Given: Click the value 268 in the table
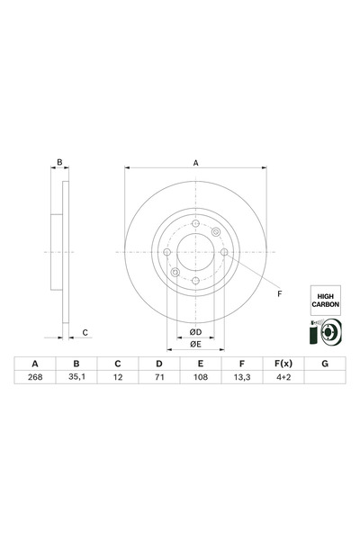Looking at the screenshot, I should tap(35, 379).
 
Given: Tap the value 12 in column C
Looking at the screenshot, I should tap(117, 379).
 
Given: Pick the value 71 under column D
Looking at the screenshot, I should tap(158, 379).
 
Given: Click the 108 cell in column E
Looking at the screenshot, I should tap(200, 379).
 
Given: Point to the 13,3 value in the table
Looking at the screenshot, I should tap(241, 379).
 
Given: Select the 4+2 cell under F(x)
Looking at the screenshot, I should tap(283, 379).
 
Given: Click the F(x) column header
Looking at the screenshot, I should tap(283, 364).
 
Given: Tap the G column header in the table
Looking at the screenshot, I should tap(324, 364).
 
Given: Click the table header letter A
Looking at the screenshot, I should tap(35, 364).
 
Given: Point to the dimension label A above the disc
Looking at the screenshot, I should tap(195, 162).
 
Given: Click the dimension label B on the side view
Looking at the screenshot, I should tap(59, 163).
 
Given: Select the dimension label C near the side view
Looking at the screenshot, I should tap(85, 332).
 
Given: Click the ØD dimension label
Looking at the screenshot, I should tap(194, 331).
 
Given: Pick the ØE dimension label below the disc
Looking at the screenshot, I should tap(194, 344).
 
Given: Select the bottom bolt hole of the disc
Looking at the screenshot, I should tap(195, 280).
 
